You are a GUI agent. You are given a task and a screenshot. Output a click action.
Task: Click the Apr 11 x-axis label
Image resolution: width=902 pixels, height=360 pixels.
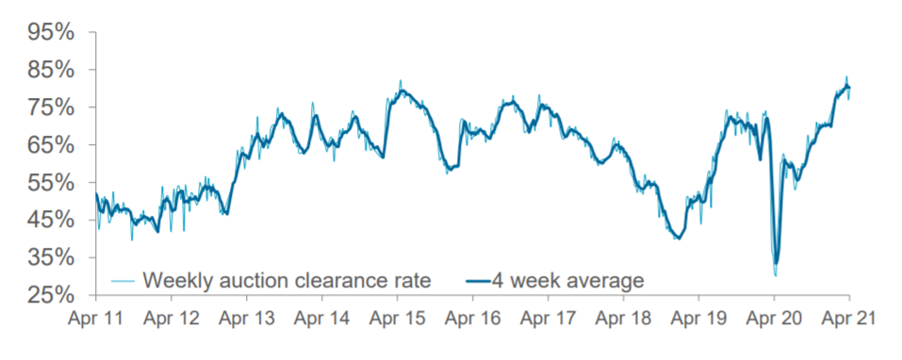(96, 319)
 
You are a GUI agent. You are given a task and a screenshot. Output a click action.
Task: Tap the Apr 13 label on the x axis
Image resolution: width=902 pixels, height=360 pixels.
(246, 319)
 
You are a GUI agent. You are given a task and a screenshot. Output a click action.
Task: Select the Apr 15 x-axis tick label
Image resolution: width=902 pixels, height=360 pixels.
(397, 319)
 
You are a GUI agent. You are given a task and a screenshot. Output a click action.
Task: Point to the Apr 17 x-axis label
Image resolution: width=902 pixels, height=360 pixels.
(548, 319)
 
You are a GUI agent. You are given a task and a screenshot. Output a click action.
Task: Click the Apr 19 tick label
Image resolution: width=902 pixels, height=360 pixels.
(697, 319)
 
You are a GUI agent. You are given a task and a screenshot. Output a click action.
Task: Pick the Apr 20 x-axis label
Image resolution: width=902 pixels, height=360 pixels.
(773, 319)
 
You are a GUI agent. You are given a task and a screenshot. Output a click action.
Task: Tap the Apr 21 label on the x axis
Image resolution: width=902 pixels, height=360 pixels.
(848, 319)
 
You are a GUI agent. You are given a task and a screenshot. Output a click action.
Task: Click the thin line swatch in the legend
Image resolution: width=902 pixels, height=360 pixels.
(123, 280)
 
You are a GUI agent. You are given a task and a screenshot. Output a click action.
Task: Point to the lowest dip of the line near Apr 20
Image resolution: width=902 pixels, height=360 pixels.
(776, 274)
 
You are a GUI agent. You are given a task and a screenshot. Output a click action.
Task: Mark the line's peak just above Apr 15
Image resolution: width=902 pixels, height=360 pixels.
(401, 82)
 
